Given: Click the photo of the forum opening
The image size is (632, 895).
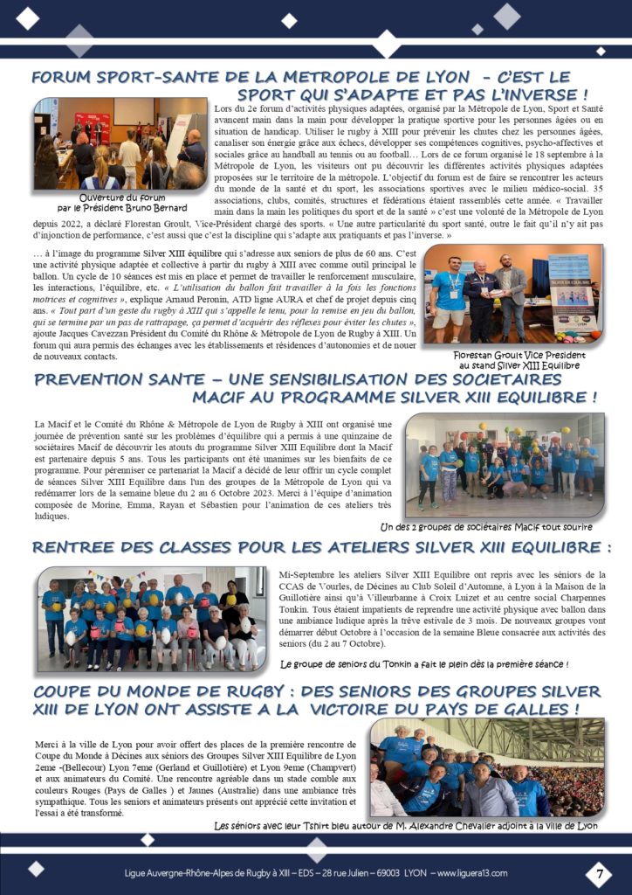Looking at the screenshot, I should tap(120, 144).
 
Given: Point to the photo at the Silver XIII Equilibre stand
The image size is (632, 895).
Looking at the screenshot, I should tap(515, 298).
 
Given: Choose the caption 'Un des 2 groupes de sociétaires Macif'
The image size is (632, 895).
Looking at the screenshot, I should tap(498, 527).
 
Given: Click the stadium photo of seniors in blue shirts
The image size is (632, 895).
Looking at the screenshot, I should tap(486, 768).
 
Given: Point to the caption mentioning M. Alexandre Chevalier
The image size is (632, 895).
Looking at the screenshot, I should tap(406, 826).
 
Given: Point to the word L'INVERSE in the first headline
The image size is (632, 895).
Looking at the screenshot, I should tap(537, 94).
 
